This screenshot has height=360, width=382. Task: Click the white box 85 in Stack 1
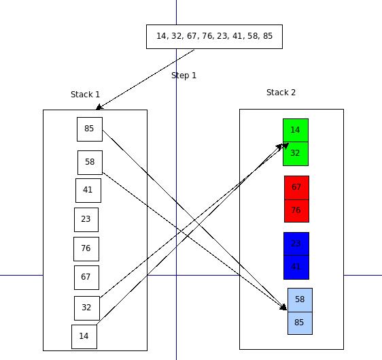(89, 129)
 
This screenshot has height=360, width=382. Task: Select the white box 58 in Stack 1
(90, 163)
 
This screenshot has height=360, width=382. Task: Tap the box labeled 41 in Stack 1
(88, 191)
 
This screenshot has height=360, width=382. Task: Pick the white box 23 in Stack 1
(86, 220)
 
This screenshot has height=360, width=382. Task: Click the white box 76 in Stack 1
(86, 249)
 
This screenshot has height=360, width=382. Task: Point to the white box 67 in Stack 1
(86, 278)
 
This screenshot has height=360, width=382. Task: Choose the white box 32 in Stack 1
(86, 308)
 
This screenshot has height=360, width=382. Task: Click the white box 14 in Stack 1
(84, 336)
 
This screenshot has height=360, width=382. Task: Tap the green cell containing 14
(295, 131)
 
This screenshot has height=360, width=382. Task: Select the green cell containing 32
(295, 154)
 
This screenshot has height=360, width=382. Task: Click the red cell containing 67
(296, 187)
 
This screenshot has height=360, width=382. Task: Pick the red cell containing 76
(296, 211)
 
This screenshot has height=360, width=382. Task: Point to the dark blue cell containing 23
(296, 244)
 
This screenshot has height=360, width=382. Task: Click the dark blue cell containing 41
(296, 267)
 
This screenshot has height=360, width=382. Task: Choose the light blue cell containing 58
(300, 299)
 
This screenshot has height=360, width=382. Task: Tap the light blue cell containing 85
(300, 323)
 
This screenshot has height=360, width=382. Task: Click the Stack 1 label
(85, 95)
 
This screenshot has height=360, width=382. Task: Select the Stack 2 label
(281, 93)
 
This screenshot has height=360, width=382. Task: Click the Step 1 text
(184, 76)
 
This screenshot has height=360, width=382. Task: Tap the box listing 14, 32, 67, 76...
(214, 37)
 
